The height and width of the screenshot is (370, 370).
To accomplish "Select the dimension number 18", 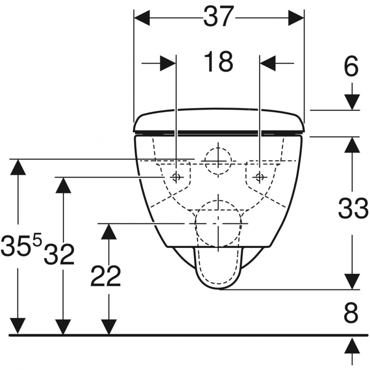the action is tap(219, 62).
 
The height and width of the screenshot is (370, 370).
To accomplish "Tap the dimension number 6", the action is tap(351, 67).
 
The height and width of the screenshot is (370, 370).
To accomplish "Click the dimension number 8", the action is tap(351, 313).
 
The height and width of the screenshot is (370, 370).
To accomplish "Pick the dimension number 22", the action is tap(105, 276).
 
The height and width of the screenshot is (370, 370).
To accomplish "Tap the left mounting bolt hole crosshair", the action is tap(176, 177).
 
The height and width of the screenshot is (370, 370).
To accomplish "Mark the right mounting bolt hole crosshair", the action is tap(260, 177).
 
